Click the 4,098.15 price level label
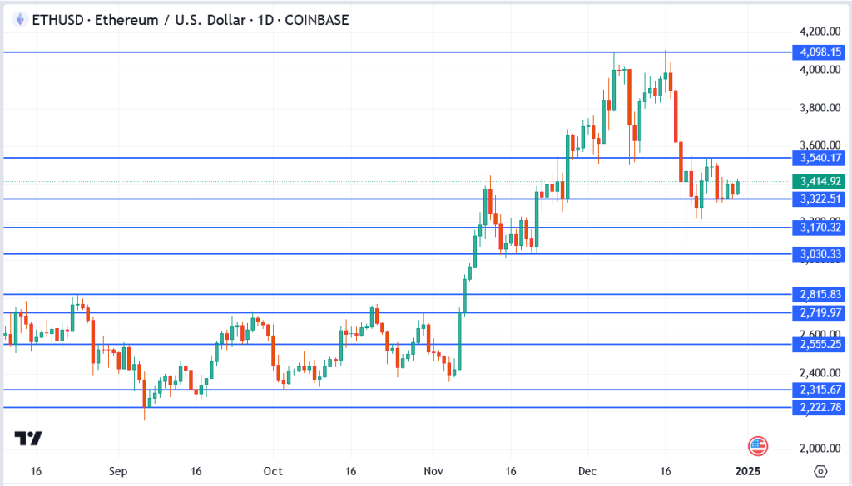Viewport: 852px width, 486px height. tap(820, 52)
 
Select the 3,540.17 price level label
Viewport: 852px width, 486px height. tap(820, 158)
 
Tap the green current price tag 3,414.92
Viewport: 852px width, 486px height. tap(820, 182)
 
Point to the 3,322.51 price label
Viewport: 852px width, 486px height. tap(820, 199)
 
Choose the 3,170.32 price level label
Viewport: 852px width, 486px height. tap(820, 228)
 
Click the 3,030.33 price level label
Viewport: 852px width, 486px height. tap(820, 253)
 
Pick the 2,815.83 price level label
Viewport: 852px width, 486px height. tap(820, 294)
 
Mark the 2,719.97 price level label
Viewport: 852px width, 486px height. tap(820, 312)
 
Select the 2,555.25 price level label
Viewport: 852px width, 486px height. tap(820, 344)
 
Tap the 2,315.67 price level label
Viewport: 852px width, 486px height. tap(820, 390)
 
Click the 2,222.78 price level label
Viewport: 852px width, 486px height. tap(820, 407)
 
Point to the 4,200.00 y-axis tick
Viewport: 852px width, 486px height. tap(820, 32)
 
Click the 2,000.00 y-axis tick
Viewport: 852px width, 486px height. tap(820, 449)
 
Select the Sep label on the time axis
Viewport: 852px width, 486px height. tap(117, 471)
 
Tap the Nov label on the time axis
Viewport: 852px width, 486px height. tap(432, 471)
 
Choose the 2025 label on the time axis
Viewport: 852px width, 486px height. tap(748, 471)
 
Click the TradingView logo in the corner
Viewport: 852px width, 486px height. tap(29, 439)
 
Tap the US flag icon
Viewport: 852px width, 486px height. tap(757, 446)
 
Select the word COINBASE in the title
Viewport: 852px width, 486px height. tap(316, 20)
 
